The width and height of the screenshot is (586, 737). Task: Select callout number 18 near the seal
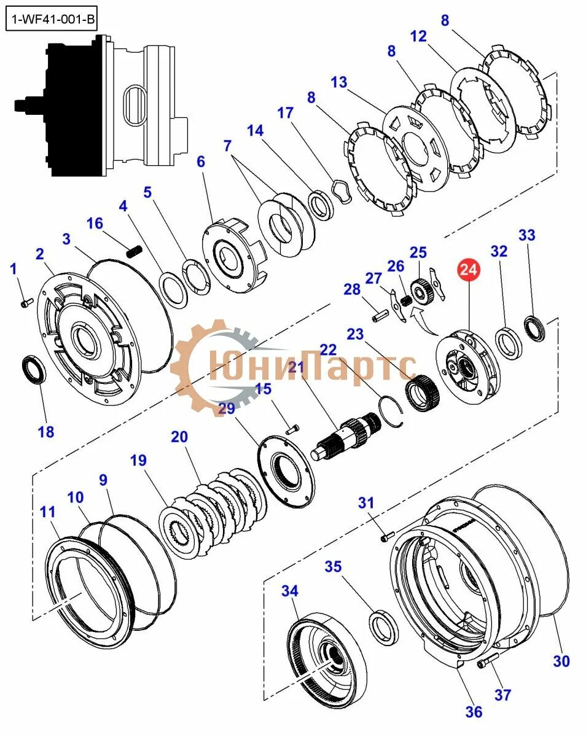[46, 431]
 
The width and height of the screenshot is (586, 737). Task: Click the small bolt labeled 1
[26, 302]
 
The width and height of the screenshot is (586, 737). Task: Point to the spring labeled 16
[135, 251]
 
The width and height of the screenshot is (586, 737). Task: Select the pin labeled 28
[379, 314]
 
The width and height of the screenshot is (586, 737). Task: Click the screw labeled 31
[386, 537]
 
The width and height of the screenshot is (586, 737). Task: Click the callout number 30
[561, 661]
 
